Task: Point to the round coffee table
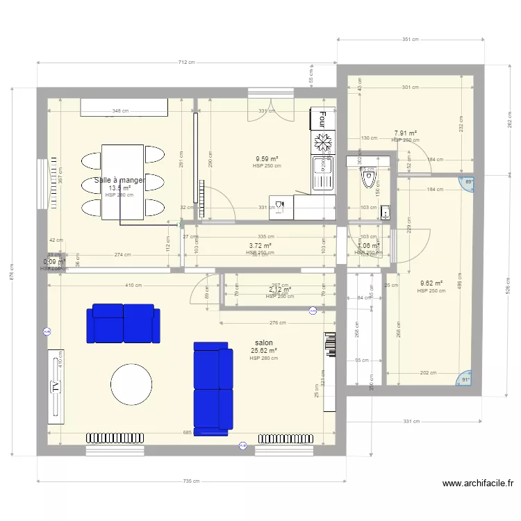[131, 384]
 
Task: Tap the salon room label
[264, 343]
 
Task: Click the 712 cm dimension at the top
[186, 63]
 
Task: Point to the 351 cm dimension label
[411, 40]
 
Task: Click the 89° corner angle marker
[467, 182]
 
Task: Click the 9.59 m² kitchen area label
[267, 159]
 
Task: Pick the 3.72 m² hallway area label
[260, 245]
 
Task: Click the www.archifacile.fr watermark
[477, 483]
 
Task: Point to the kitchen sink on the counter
[322, 172]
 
